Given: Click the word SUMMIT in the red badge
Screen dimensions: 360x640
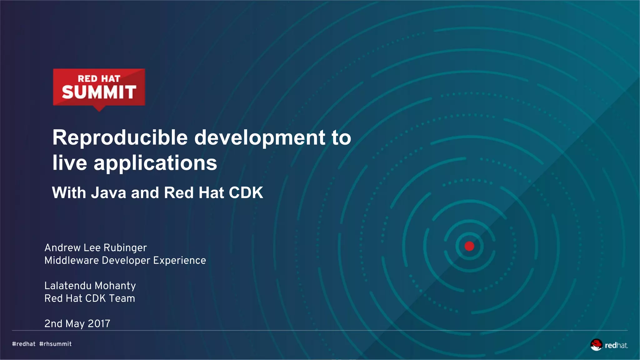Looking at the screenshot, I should pyautogui.click(x=99, y=92).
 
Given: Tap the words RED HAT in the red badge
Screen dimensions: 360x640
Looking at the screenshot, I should pyautogui.click(x=99, y=78).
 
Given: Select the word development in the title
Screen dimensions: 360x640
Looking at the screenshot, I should pyautogui.click(x=260, y=138).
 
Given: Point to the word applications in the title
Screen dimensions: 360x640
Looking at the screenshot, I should pyautogui.click(x=155, y=163).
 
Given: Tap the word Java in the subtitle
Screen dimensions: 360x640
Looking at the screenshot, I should pyautogui.click(x=108, y=193).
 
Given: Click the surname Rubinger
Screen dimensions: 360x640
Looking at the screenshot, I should pyautogui.click(x=125, y=248).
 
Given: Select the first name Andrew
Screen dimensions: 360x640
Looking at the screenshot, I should pyautogui.click(x=62, y=248).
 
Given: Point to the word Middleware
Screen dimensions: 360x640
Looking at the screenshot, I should pyautogui.click(x=72, y=260).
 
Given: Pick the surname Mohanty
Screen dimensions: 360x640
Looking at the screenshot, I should pyautogui.click(x=115, y=286).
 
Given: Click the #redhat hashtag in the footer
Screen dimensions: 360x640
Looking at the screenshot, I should pyautogui.click(x=24, y=344).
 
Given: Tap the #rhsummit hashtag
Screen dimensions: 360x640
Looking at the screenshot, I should pyautogui.click(x=55, y=344).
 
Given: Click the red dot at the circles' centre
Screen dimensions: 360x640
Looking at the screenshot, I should pyautogui.click(x=469, y=246).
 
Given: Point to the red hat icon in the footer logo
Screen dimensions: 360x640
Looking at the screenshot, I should pyautogui.click(x=596, y=345).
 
